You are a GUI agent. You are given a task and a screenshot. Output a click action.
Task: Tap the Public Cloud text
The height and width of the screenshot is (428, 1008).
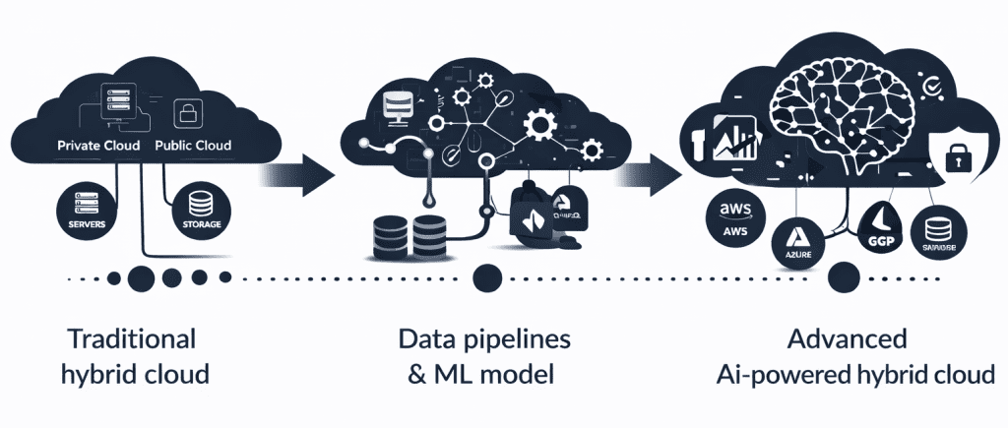[x=193, y=146]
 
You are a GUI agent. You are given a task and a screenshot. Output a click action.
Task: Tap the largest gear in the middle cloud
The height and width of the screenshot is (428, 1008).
[x=539, y=125]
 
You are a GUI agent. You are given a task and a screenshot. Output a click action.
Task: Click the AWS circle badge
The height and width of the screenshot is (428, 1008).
[x=736, y=215]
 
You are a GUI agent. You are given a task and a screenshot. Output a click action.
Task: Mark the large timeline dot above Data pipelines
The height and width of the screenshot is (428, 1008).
[x=484, y=278]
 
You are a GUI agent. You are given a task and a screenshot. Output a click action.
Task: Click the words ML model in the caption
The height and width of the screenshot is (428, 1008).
[x=514, y=375]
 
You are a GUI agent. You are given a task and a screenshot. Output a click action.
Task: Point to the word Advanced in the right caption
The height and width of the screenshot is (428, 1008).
[x=848, y=339]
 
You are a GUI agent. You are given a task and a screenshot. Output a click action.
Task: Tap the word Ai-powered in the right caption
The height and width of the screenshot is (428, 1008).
[x=778, y=375]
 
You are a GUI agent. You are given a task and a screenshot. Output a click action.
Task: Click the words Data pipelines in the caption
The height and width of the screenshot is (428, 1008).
[x=483, y=339]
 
